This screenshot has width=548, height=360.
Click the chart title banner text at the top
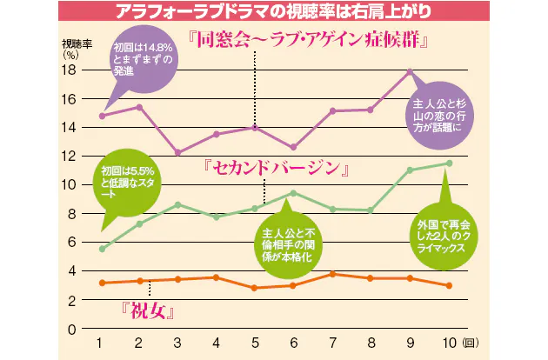(x=274, y=11)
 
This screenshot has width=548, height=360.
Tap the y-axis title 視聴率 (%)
(x=72, y=48)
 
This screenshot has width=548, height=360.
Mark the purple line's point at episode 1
(x=102, y=116)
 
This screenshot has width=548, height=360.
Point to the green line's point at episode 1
(x=102, y=249)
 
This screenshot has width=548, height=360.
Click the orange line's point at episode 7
(x=331, y=274)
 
